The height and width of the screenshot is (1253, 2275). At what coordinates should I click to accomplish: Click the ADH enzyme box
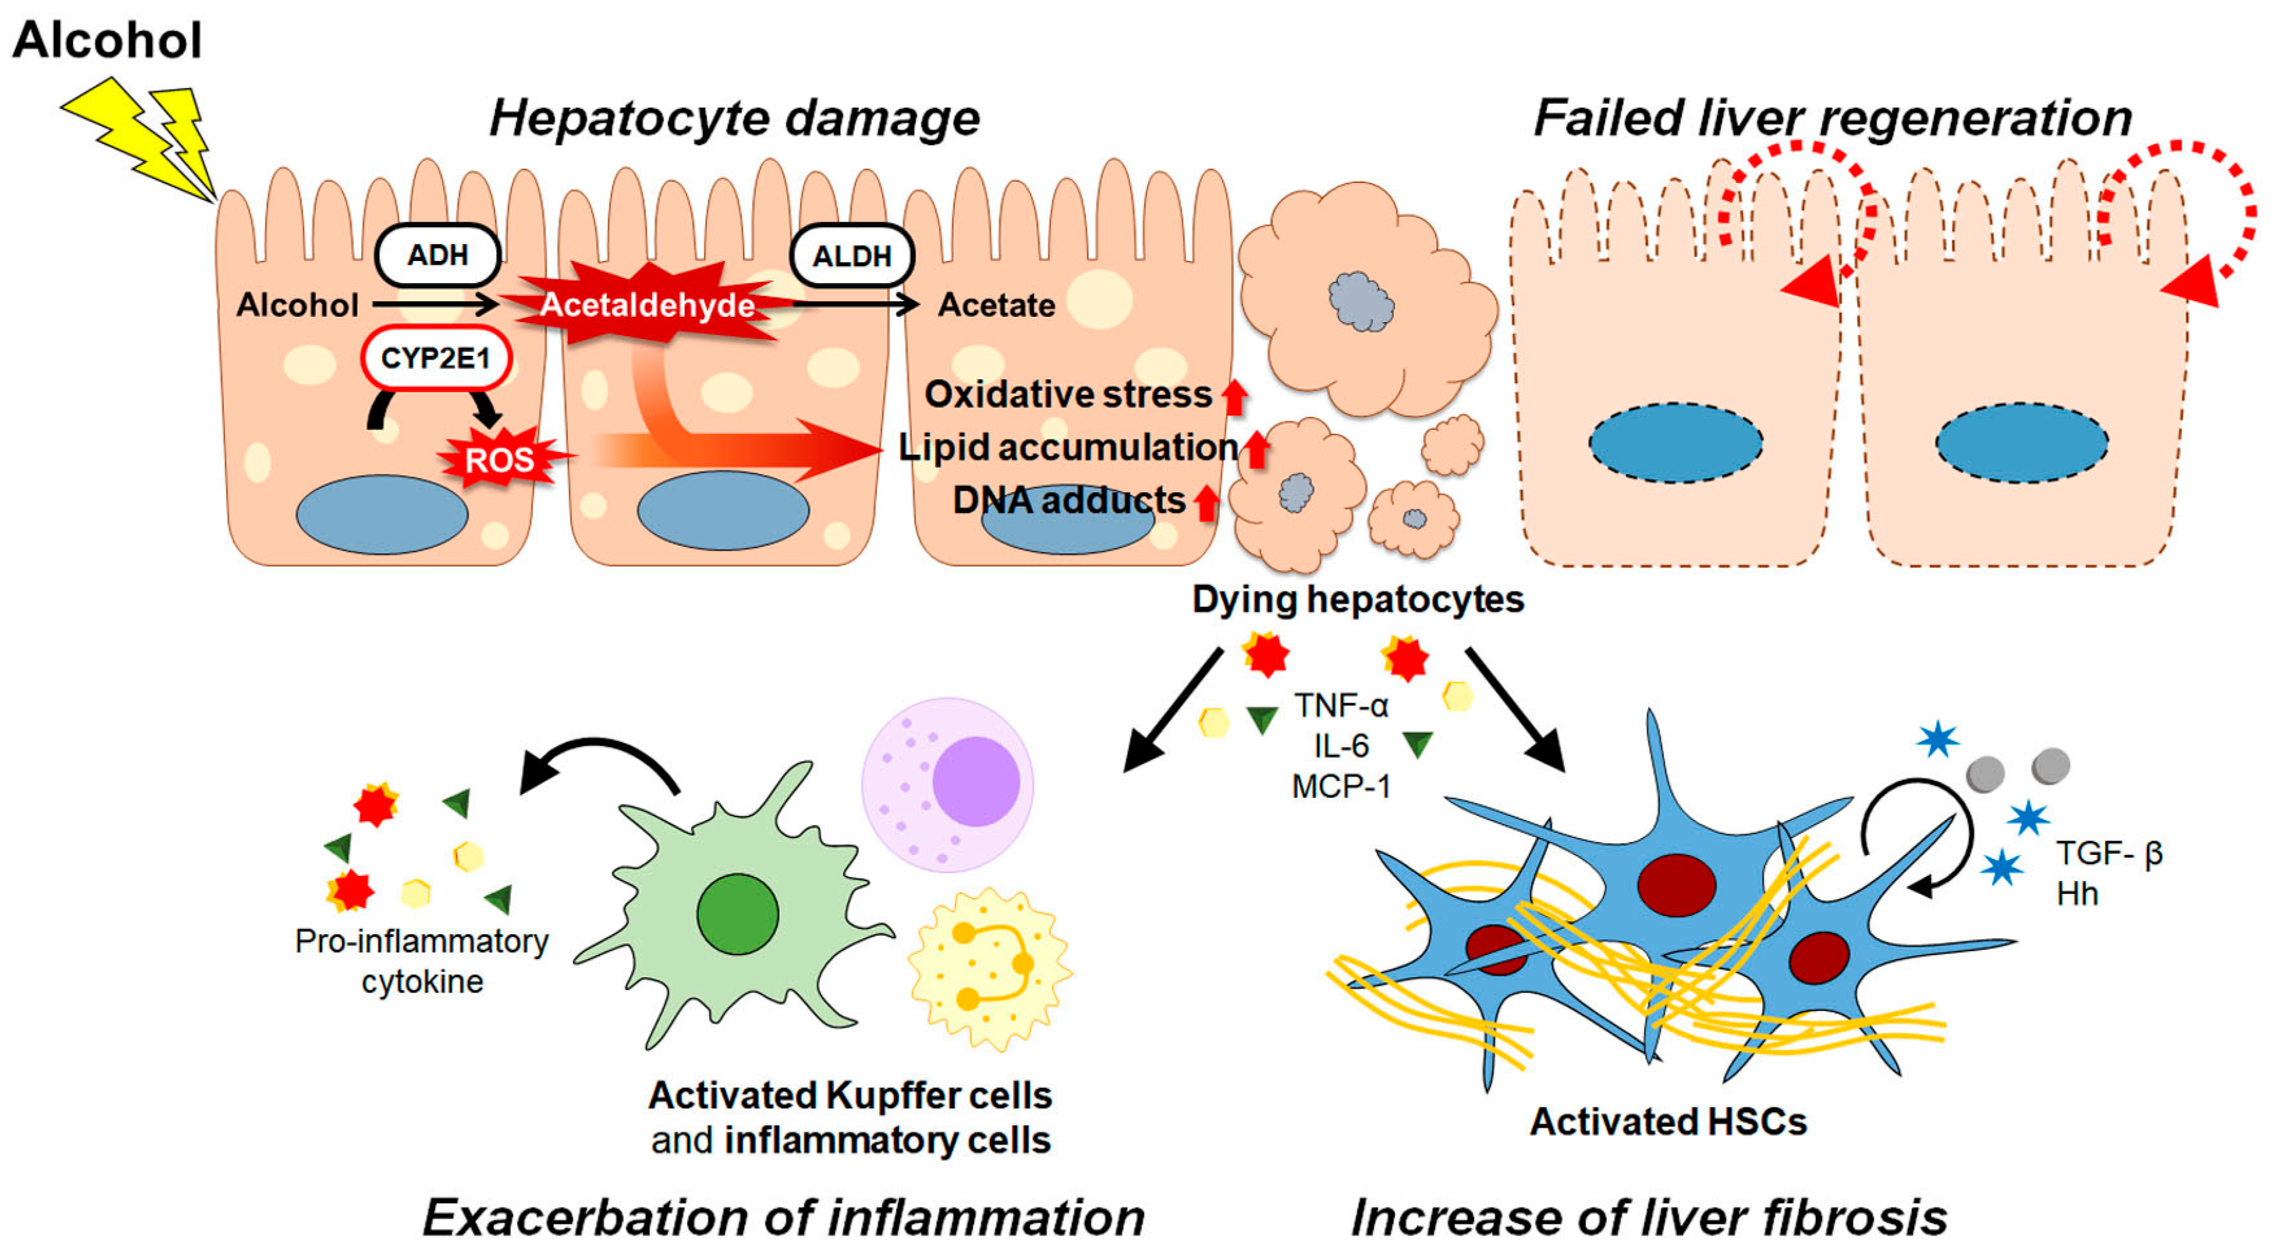(x=438, y=255)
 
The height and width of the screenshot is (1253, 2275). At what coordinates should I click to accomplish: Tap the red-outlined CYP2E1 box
(x=436, y=358)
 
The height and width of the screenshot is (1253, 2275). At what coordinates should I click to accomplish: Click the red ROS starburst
(x=500, y=459)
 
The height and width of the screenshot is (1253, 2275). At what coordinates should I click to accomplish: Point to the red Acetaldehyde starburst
(x=647, y=304)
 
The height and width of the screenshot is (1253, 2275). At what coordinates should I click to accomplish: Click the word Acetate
(x=996, y=306)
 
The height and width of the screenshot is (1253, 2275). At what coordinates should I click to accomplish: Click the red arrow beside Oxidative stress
(x=1235, y=397)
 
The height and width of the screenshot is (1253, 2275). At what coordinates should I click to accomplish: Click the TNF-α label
(x=1341, y=706)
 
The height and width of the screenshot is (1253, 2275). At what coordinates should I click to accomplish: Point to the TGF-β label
(x=2109, y=854)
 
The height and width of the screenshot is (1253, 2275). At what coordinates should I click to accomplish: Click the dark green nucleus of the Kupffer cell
(x=738, y=914)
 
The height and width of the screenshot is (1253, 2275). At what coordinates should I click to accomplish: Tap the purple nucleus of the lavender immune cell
(x=976, y=782)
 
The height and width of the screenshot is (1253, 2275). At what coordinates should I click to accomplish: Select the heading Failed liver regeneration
(x=1833, y=118)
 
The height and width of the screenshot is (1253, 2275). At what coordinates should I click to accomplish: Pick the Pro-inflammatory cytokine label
(x=421, y=961)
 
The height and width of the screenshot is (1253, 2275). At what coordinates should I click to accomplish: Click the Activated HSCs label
(x=1669, y=1121)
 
